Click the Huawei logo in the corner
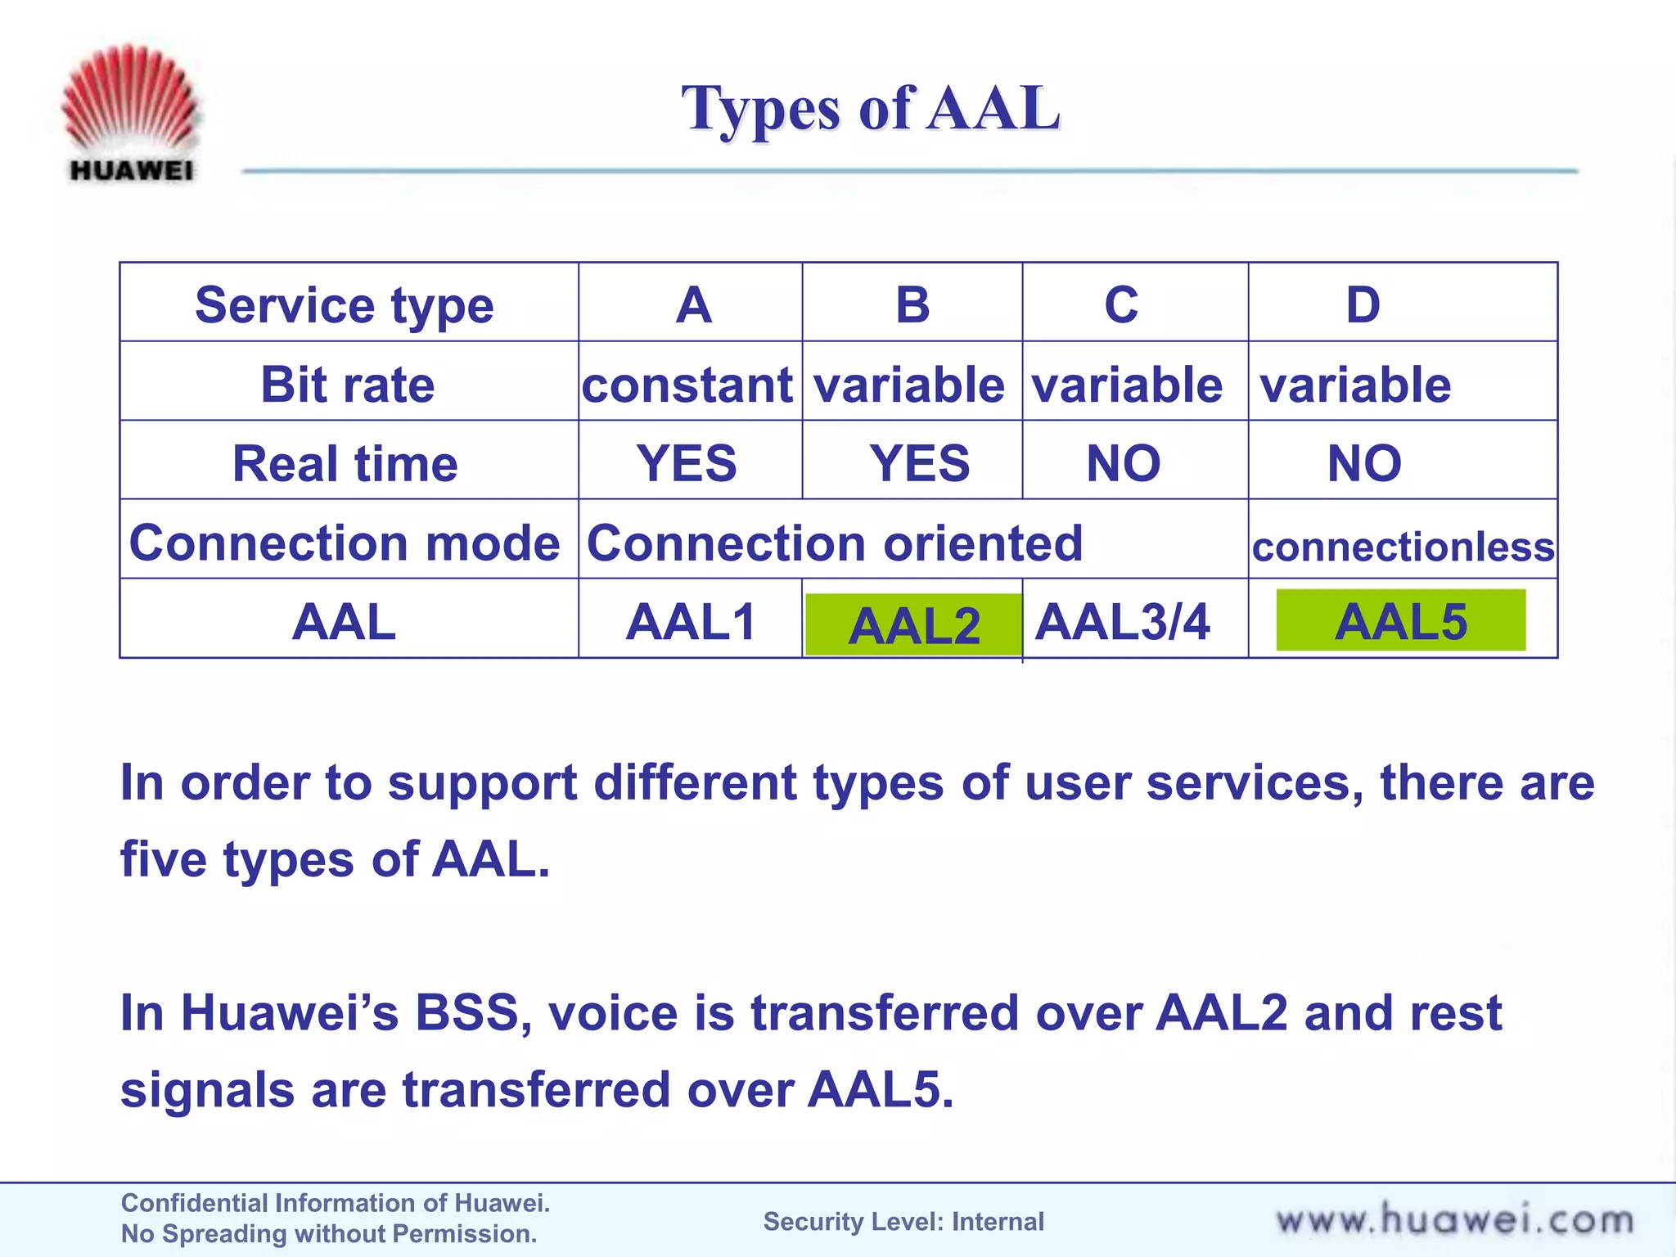click(x=130, y=113)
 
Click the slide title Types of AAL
click(x=871, y=108)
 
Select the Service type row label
click(x=345, y=305)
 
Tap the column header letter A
click(x=693, y=305)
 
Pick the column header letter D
click(x=1363, y=305)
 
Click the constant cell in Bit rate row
click(x=687, y=385)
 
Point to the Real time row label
click(x=345, y=463)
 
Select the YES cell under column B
click(x=919, y=463)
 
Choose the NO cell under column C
click(x=1123, y=463)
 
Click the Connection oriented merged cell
click(x=835, y=543)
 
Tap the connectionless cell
click(x=1403, y=547)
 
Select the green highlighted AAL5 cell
click(x=1400, y=621)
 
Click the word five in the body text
click(x=163, y=860)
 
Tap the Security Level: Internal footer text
click(x=903, y=1221)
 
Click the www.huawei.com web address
click(x=1454, y=1220)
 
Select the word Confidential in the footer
click(x=194, y=1203)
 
